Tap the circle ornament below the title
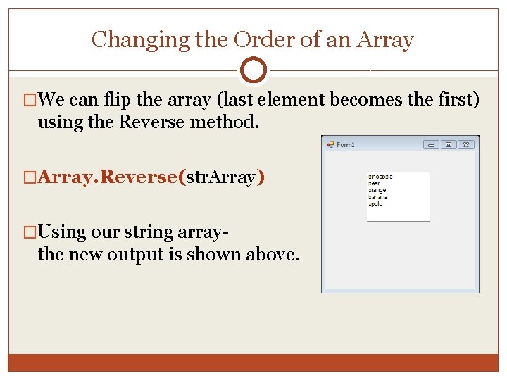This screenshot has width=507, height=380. pos(253,70)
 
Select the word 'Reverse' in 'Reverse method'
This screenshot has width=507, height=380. pos(152,122)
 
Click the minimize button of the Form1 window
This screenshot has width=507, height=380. pos(431,145)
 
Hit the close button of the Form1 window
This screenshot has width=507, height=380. pos(466,145)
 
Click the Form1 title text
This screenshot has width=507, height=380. pos(346,145)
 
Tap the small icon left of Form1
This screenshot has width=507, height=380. pos(330,145)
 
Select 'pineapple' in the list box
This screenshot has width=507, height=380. pos(380,177)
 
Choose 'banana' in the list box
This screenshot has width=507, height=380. pos(377,197)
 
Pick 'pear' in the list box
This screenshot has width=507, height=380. pos(374,184)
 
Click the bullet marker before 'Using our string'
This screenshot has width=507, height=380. pos(29,232)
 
